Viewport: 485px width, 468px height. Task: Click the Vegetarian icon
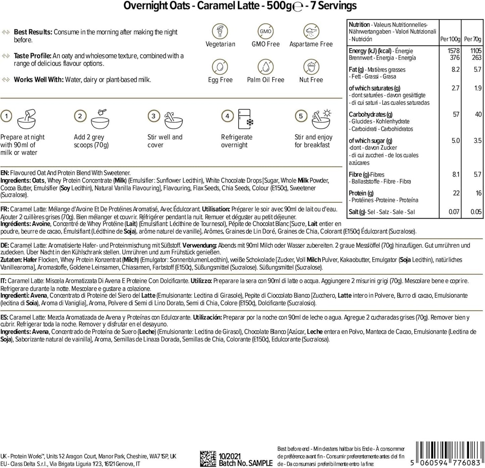pos(220,31)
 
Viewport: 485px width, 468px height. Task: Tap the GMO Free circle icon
pos(265,31)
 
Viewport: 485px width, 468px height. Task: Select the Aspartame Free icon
pos(311,31)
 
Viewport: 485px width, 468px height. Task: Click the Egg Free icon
pos(220,67)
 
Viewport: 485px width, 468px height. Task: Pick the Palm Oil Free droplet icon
pos(265,67)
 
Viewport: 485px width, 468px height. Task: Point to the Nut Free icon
pos(311,67)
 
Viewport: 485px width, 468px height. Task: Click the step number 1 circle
pos(6,116)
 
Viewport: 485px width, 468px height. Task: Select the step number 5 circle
pos(301,116)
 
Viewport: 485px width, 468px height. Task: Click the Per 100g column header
pos(450,39)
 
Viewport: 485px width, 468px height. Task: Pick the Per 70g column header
pos(473,39)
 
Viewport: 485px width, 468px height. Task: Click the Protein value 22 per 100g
pos(456,193)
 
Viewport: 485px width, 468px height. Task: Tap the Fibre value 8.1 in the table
pos(455,174)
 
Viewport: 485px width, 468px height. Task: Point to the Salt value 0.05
pos(476,212)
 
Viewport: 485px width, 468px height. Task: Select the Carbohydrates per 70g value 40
pos(478,114)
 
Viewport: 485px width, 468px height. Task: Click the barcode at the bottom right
pos(448,454)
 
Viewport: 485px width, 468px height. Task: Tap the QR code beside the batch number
pos(208,459)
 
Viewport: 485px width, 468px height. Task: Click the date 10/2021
pos(230,456)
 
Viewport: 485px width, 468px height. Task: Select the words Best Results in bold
pos(33,32)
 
